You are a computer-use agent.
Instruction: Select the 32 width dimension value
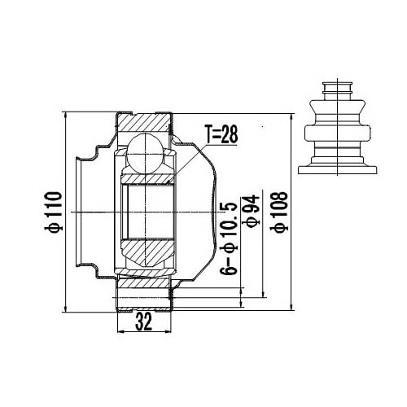coord(144,323)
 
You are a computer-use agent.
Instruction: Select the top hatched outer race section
coord(145,122)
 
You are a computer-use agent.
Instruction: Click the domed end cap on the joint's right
coord(203,212)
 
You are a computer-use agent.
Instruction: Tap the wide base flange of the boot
coord(338,170)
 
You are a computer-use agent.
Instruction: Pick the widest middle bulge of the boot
coord(338,133)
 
